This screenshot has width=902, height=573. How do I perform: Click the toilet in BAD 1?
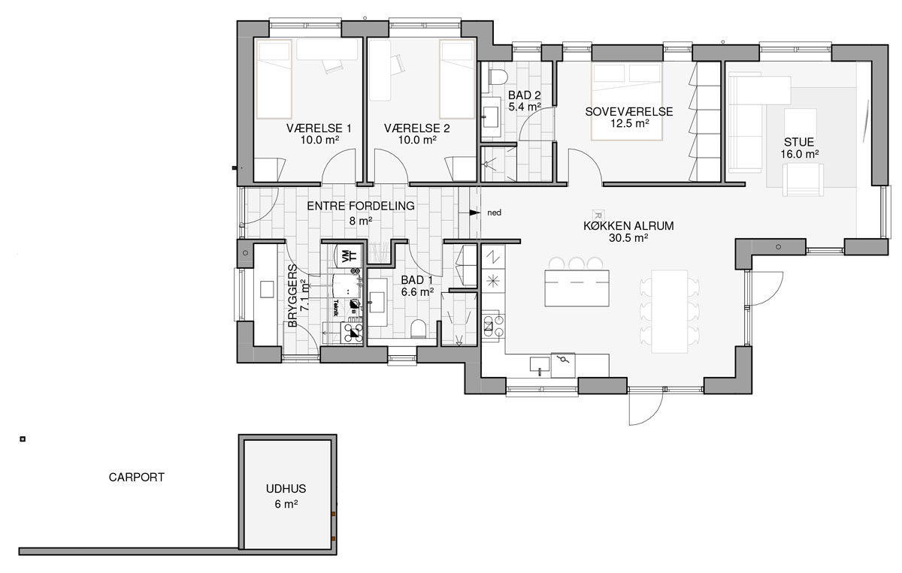[x=419, y=328]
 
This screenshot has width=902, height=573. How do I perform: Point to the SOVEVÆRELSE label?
[x=629, y=112]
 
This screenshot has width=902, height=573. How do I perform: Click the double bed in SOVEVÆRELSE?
[x=627, y=100]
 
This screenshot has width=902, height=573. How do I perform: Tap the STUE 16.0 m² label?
[x=799, y=146]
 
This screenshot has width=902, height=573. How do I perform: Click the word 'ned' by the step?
[x=494, y=213]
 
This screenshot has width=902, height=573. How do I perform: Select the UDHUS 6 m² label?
[x=286, y=496]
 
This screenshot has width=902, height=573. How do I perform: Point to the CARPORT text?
[x=136, y=477]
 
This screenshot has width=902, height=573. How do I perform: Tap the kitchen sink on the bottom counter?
[x=538, y=366]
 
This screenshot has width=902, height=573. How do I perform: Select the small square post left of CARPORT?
[x=23, y=439]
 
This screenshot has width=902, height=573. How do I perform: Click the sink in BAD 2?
[x=492, y=115]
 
